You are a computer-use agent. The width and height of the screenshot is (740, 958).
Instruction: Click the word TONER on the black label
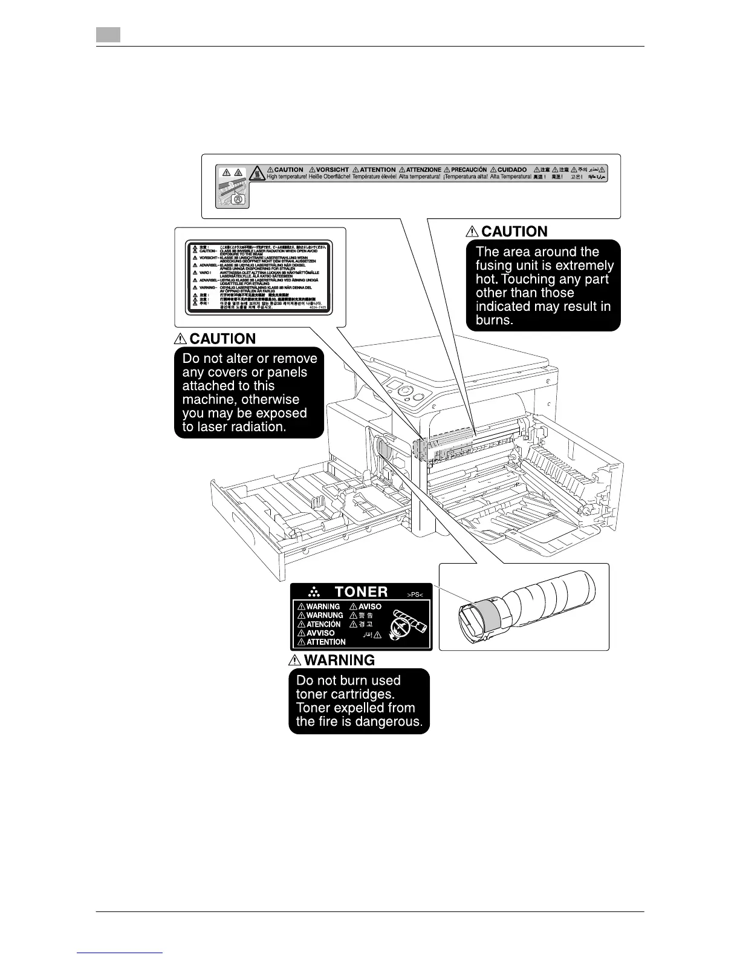[361, 591]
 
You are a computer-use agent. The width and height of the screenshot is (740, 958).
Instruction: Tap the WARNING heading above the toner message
[339, 660]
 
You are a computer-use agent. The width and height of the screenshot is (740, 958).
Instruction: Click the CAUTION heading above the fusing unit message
[514, 232]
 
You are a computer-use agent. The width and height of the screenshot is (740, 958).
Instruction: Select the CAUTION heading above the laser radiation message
[222, 339]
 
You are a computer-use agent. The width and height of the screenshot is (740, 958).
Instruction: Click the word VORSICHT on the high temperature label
[333, 170]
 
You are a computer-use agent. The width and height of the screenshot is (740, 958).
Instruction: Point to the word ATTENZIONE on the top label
[423, 170]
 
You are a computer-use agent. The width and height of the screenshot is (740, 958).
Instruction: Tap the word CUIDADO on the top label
[512, 170]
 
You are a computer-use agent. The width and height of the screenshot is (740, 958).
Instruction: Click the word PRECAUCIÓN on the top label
[469, 170]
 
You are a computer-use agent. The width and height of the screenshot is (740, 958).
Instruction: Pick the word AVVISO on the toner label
[320, 633]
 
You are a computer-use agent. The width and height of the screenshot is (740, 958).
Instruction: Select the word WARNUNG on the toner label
[325, 615]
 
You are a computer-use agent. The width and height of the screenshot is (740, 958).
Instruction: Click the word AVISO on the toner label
[370, 607]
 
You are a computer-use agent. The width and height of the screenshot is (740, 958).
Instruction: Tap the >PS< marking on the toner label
[415, 595]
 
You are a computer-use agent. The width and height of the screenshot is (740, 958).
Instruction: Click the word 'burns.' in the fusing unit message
[495, 321]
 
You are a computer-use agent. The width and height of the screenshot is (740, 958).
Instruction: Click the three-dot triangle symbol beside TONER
[313, 592]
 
